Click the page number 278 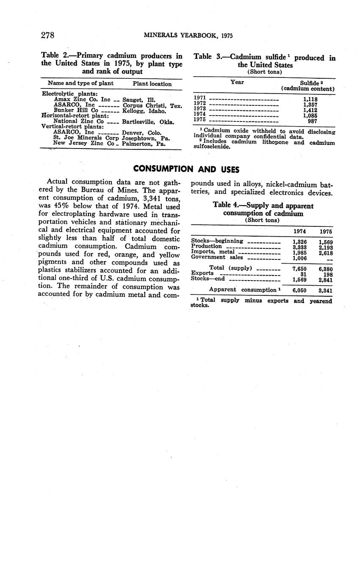[47, 36]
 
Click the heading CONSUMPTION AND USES [186, 169]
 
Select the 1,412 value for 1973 [310, 110]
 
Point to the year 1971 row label [199, 99]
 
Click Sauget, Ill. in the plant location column [139, 100]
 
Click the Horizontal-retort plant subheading [72, 116]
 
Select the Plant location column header [152, 84]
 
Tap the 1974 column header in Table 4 [300, 231]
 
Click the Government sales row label [217, 257]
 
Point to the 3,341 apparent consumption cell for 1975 [325, 290]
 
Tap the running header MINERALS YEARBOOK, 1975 [188, 36]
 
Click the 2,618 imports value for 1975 [325, 253]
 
